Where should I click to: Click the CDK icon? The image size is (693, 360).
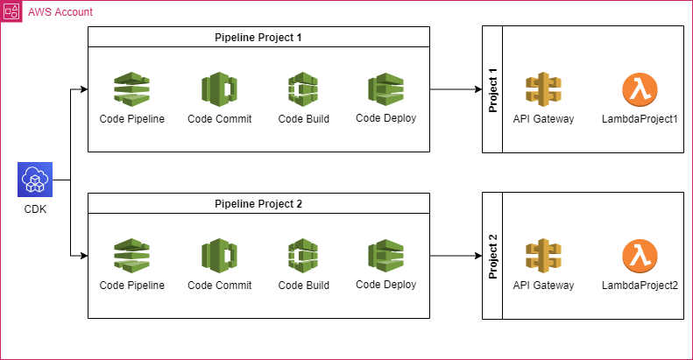[x=35, y=181]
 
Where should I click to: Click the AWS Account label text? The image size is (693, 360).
[x=60, y=13]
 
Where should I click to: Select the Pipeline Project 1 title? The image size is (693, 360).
[x=258, y=37]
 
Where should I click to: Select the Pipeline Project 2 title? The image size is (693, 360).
[x=258, y=203]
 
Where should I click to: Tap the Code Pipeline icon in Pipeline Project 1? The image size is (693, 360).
[x=131, y=90]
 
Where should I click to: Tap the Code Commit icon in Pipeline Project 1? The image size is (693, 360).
[x=219, y=90]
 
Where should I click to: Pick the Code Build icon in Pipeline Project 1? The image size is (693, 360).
[x=303, y=90]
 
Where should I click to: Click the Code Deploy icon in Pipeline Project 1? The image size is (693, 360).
[x=385, y=90]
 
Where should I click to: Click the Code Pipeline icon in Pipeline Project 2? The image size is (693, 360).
[x=131, y=257]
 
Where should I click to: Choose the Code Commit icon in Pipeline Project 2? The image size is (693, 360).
[x=219, y=257]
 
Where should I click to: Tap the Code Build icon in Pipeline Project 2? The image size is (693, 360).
[x=303, y=257]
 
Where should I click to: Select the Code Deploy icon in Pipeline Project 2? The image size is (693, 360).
[x=385, y=257]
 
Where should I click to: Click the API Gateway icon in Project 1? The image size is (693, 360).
[x=543, y=90]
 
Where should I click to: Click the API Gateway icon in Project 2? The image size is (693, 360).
[x=543, y=257]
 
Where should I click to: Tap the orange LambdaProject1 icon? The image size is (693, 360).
[x=640, y=90]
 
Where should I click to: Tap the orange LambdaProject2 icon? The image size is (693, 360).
[x=640, y=257]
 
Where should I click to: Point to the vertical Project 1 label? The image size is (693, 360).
[x=492, y=90]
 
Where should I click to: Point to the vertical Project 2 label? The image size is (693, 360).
[x=492, y=257]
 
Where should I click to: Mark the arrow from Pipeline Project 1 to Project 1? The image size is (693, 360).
[x=456, y=90]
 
